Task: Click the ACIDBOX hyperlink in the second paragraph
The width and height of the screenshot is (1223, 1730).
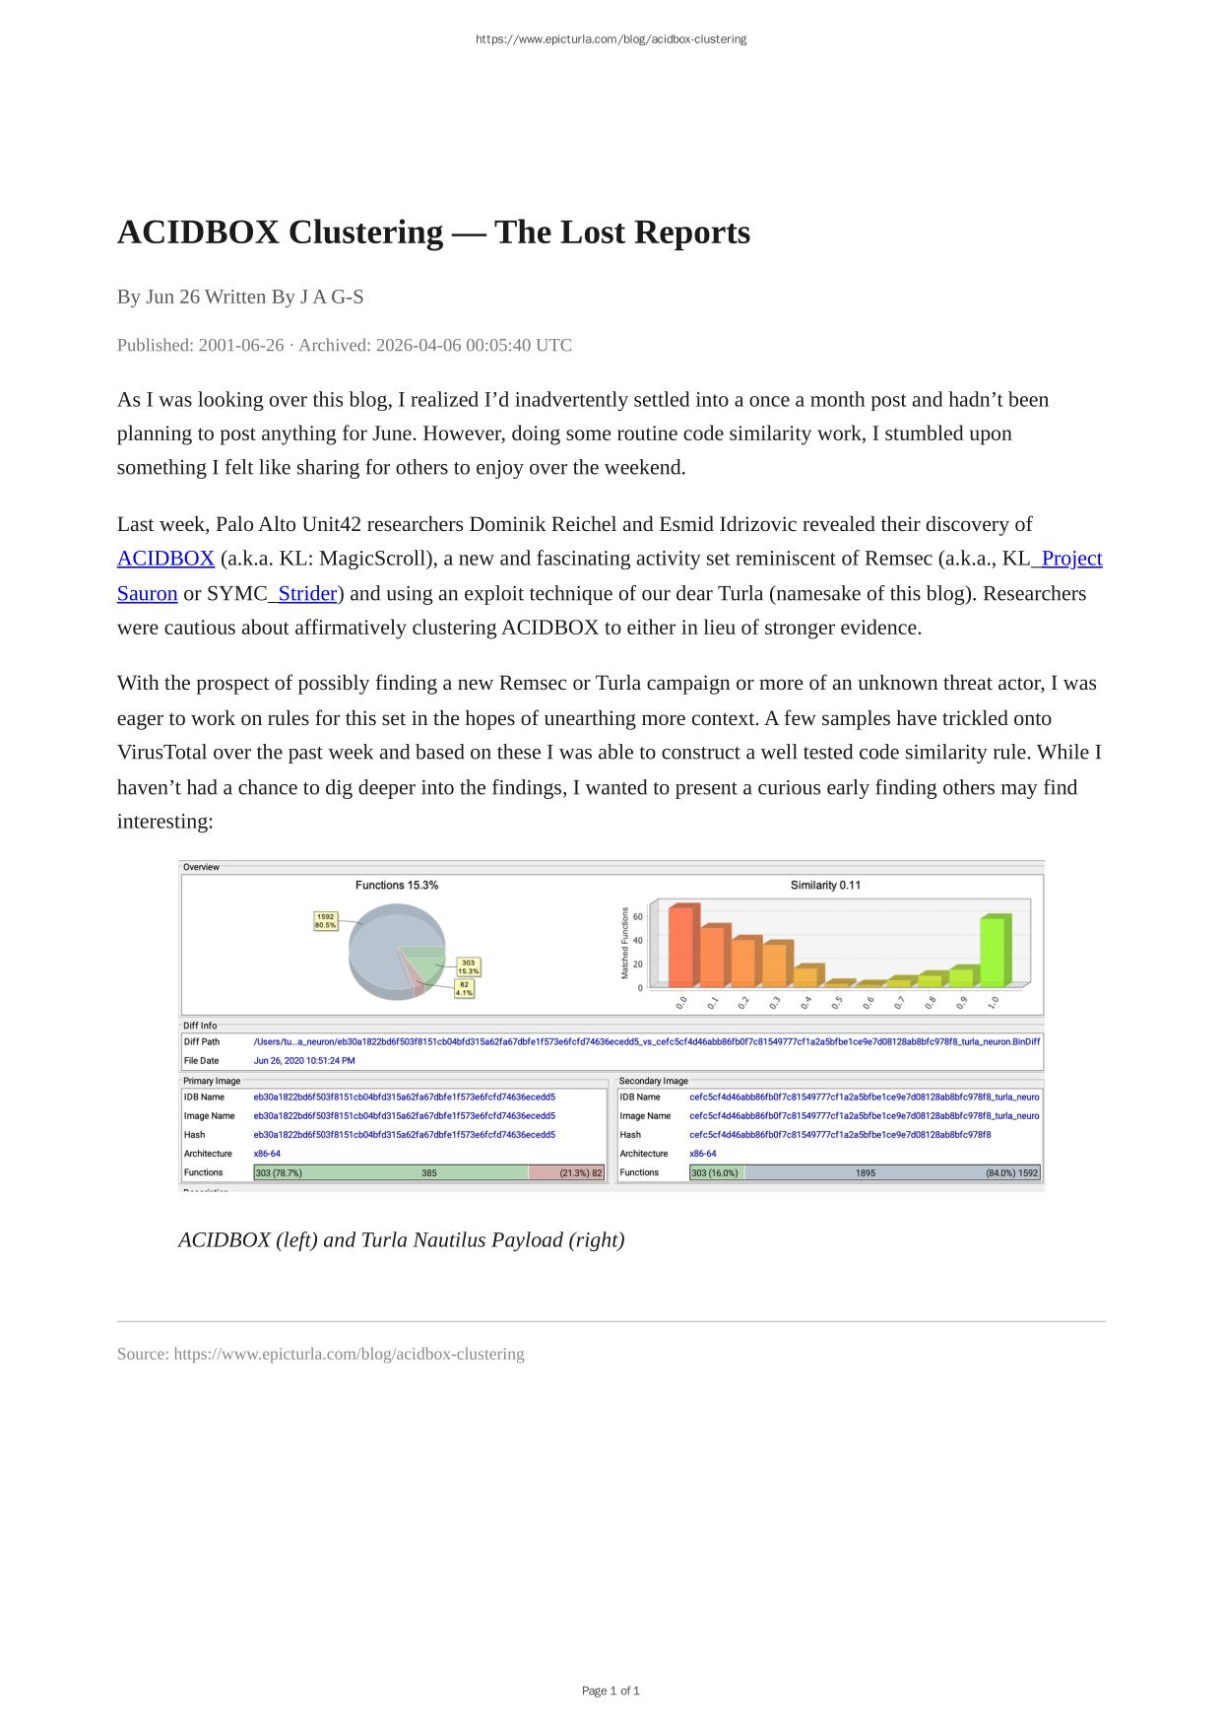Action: tap(165, 559)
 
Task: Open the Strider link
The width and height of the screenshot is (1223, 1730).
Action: tap(306, 593)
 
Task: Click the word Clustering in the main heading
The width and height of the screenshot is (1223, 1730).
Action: tap(365, 233)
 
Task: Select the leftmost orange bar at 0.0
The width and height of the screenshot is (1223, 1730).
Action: tap(681, 946)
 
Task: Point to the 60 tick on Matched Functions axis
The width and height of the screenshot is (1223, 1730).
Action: tap(638, 916)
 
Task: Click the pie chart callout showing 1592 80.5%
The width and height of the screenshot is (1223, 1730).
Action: tap(325, 921)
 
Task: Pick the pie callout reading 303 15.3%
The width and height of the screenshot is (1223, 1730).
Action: tap(468, 966)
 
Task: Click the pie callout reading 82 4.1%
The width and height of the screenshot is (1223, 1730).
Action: tap(464, 988)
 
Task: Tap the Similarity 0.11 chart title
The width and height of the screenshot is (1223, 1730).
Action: tap(825, 885)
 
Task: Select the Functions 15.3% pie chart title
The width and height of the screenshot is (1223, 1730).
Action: tap(397, 885)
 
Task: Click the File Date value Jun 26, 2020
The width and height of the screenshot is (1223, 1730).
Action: tap(304, 1060)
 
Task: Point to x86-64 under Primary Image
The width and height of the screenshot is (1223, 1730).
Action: tap(267, 1154)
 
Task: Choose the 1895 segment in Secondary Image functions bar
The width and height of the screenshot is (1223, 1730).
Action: tap(865, 1172)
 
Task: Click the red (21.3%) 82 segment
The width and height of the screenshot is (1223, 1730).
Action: tap(567, 1172)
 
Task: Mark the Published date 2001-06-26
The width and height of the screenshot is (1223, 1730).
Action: tap(241, 345)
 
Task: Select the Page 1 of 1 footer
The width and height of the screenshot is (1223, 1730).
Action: tap(611, 1691)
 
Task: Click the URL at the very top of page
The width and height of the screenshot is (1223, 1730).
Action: tap(611, 39)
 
